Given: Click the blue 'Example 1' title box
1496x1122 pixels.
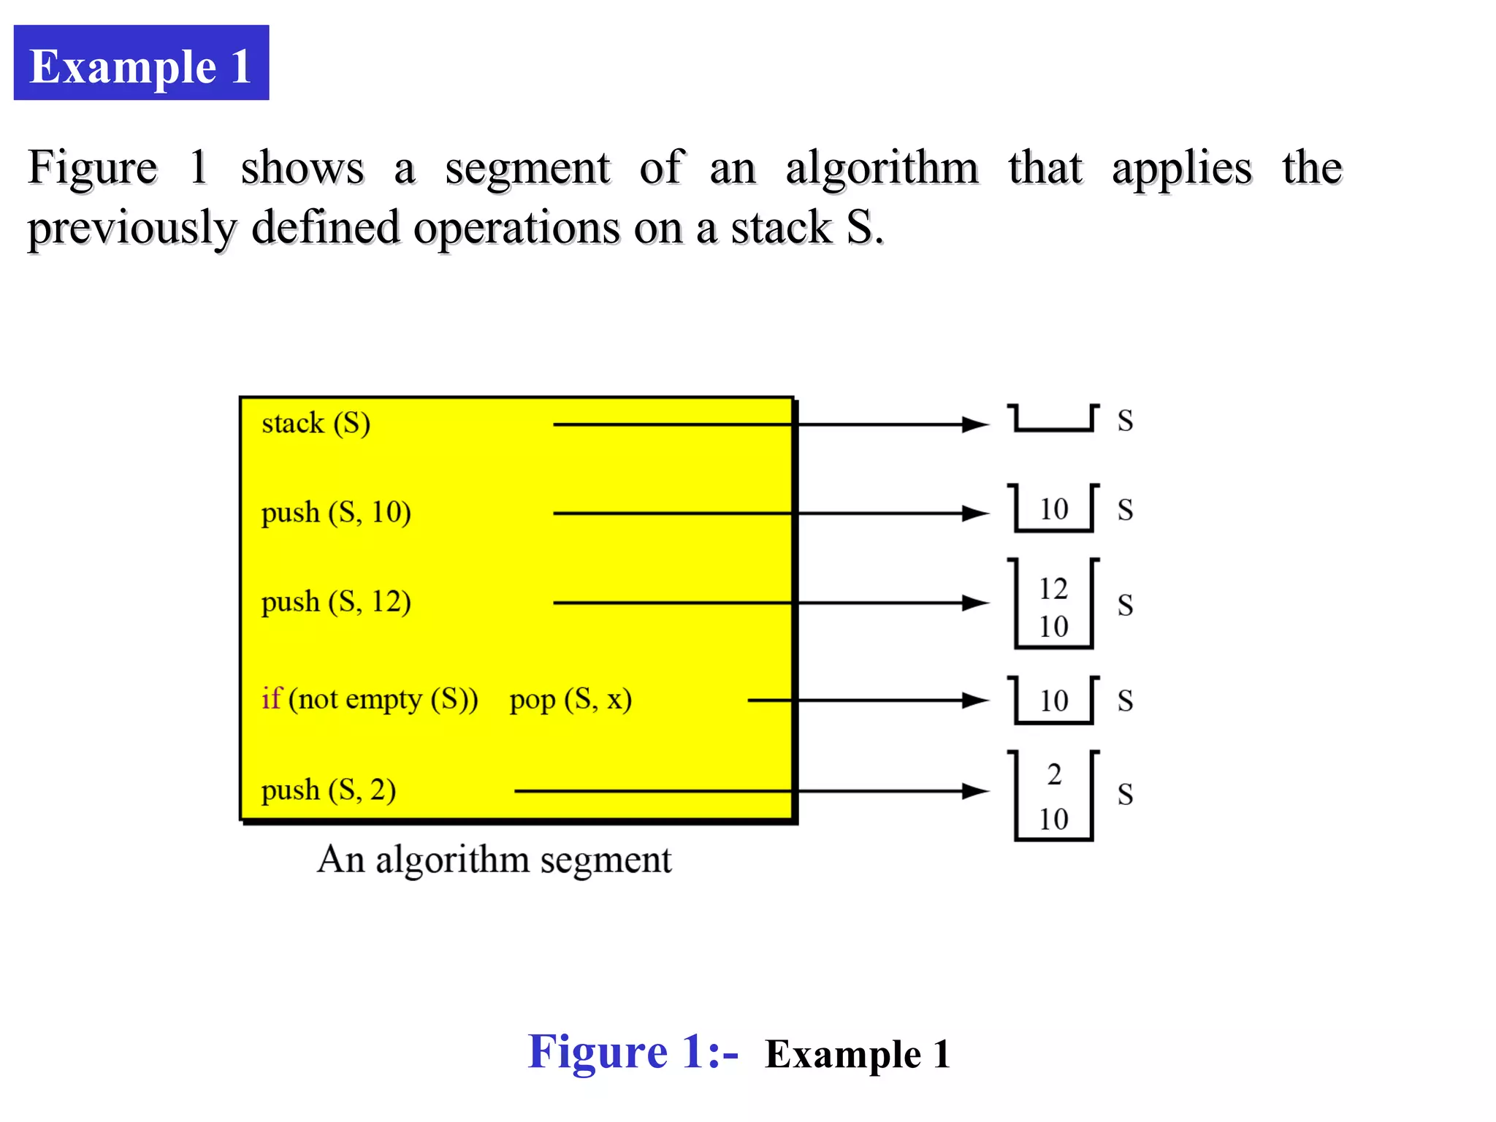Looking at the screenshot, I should pyautogui.click(x=141, y=63).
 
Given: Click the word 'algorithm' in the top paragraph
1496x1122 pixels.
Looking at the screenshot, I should pyautogui.click(x=882, y=169).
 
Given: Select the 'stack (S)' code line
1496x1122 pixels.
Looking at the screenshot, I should pyautogui.click(x=316, y=423).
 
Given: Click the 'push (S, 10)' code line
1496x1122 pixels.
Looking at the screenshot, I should pyautogui.click(x=336, y=512).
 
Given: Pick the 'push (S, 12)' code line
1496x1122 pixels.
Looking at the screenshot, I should pyautogui.click(x=336, y=601).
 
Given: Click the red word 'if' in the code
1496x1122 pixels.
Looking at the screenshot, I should pyautogui.click(x=271, y=698).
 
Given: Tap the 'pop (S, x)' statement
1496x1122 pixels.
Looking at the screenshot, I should pyautogui.click(x=570, y=699).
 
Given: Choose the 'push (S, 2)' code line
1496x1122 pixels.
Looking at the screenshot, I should pyautogui.click(x=329, y=790).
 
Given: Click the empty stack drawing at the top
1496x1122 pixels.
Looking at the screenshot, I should pyautogui.click(x=1053, y=419).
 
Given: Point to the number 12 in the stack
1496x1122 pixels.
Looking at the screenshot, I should pyautogui.click(x=1053, y=588).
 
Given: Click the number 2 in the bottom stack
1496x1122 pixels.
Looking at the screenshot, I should pyautogui.click(x=1054, y=774).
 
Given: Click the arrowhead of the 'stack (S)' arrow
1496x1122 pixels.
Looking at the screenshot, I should pyautogui.click(x=976, y=424).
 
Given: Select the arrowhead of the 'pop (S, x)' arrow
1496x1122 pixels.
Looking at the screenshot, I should pyautogui.click(x=976, y=701).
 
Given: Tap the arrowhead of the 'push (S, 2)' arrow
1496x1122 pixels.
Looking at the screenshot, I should pyautogui.click(x=976, y=791).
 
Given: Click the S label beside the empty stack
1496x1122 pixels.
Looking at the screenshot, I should pyautogui.click(x=1125, y=421).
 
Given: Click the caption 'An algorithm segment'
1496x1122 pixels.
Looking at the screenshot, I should pyautogui.click(x=494, y=860).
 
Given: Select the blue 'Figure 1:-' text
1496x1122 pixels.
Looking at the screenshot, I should pyautogui.click(x=633, y=1053).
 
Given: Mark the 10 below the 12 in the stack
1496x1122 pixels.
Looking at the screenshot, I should pyautogui.click(x=1053, y=627).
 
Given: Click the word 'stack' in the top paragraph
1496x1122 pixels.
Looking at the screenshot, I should pyautogui.click(x=781, y=228).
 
